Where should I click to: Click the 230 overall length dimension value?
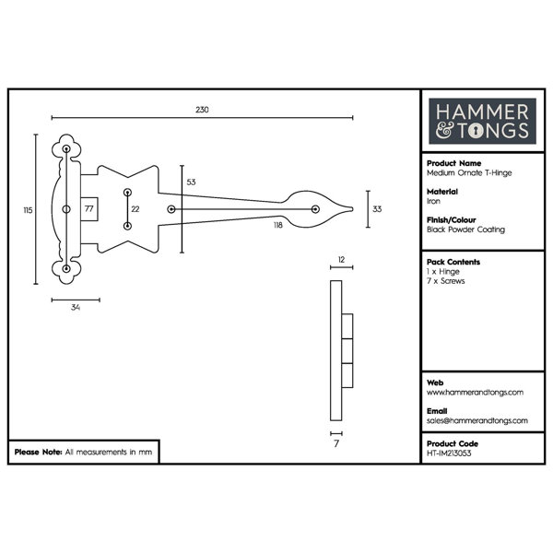[x=202, y=110]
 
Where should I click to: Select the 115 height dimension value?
[x=28, y=210]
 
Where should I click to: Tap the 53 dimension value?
[x=191, y=182]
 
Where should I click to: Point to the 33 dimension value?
[x=377, y=209]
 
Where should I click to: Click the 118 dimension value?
[x=278, y=225]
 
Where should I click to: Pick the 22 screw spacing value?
[x=135, y=209]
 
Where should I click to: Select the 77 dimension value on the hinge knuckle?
[x=88, y=209]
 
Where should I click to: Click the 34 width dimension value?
[x=76, y=307]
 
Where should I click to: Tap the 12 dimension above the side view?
[x=341, y=260]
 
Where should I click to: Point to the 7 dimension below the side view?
[x=336, y=443]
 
